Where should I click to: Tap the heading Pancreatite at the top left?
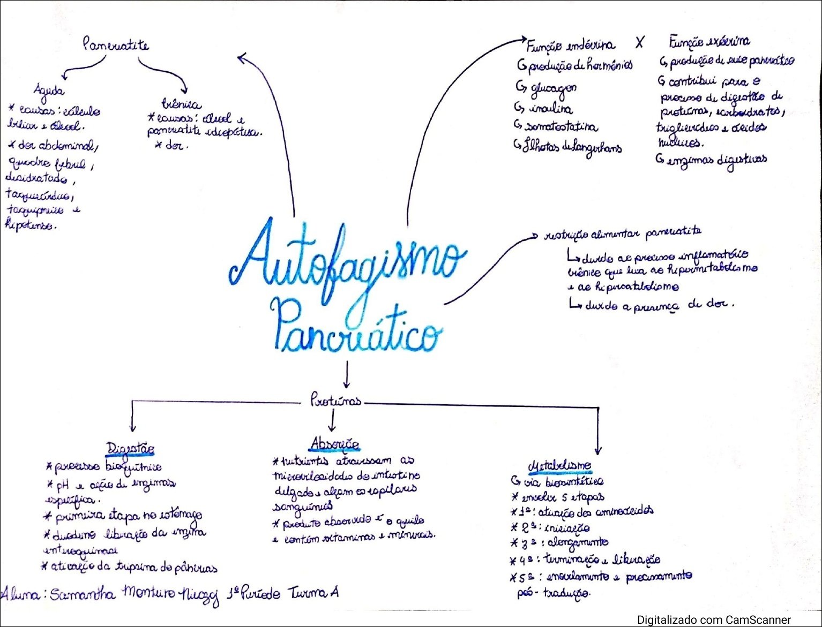pyautogui.click(x=116, y=44)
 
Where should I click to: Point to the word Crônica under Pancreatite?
pyautogui.click(x=181, y=104)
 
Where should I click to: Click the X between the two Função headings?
pyautogui.click(x=639, y=42)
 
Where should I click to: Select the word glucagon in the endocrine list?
pyautogui.click(x=553, y=89)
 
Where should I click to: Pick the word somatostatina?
pyautogui.click(x=561, y=127)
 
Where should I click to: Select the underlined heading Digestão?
pyautogui.click(x=131, y=448)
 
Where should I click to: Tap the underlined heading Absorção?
pyautogui.click(x=334, y=443)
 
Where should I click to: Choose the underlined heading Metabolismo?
pyautogui.click(x=561, y=465)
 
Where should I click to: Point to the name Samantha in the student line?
pyautogui.click(x=82, y=594)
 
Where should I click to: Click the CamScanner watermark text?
pyautogui.click(x=714, y=620)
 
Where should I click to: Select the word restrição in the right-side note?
pyautogui.click(x=566, y=235)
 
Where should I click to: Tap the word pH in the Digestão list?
pyautogui.click(x=63, y=486)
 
